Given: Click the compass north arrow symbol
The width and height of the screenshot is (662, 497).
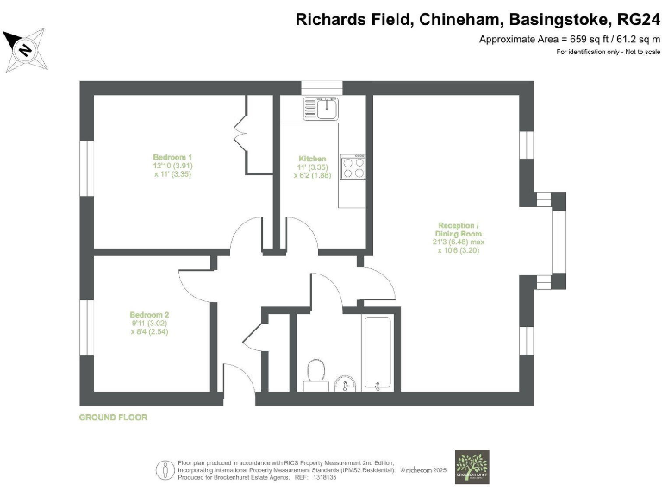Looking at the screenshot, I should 25,50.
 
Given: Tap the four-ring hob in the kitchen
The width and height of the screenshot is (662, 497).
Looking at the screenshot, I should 353,167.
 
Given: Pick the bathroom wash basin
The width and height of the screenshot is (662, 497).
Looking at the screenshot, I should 346,383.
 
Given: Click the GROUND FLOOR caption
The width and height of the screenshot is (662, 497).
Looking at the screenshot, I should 113,418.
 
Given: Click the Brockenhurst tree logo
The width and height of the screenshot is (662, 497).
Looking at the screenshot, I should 472,466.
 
